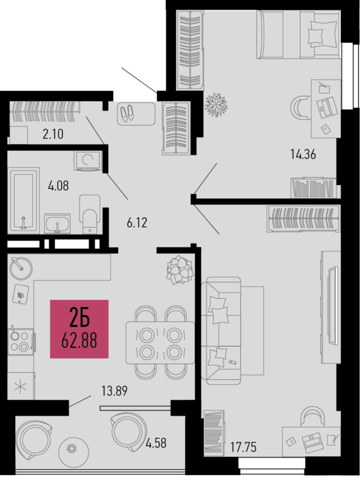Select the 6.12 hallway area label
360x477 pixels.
point(137,223)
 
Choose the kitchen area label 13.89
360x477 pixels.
point(114,390)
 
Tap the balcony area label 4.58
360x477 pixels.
point(155,442)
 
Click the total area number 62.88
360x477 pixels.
point(80,341)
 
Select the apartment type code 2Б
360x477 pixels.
point(79,316)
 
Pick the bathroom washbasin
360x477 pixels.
point(57,224)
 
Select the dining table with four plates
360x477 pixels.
point(159,342)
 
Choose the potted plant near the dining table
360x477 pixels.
point(179,270)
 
